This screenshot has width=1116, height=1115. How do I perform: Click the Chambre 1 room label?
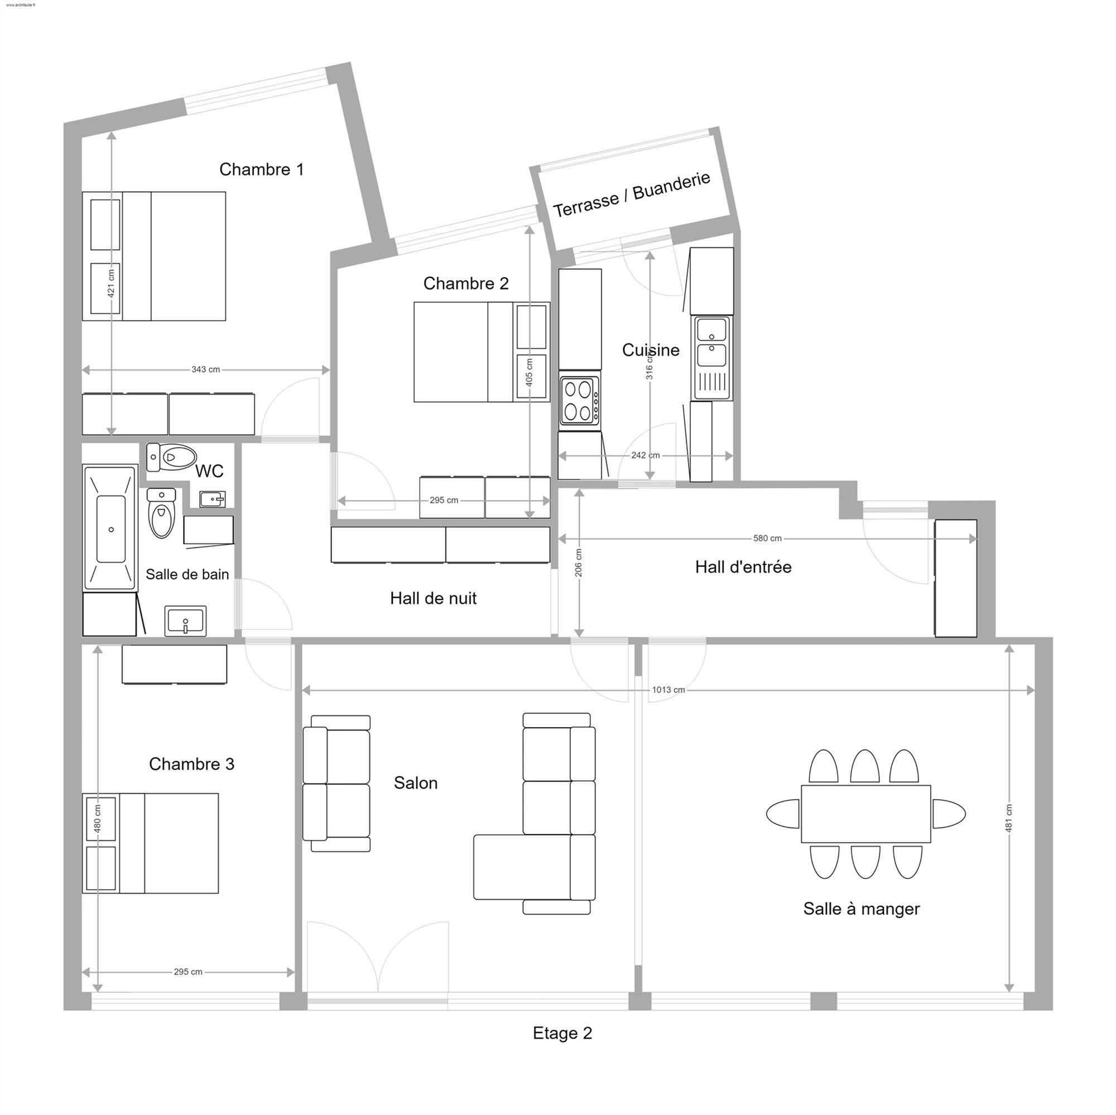point(261,169)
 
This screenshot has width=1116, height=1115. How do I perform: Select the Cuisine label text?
point(651,350)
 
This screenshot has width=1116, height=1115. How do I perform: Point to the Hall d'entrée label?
point(743,567)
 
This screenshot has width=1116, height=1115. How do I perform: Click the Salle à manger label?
point(861,909)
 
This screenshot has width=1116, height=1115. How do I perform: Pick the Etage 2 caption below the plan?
point(562,1033)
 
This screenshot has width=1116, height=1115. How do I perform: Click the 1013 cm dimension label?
point(668,690)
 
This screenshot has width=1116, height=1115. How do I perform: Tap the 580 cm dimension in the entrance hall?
point(767,539)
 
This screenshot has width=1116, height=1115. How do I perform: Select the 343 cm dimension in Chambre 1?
point(206,370)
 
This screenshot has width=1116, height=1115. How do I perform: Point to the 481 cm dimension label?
point(1009,819)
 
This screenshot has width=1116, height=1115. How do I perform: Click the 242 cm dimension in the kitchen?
point(645,455)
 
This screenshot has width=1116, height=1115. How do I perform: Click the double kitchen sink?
point(711,358)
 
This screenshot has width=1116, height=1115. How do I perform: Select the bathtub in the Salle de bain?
point(111,528)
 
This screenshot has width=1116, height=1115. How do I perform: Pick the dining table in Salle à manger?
point(865,814)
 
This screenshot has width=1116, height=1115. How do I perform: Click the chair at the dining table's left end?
point(783,814)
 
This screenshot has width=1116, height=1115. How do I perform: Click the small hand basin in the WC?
point(213,499)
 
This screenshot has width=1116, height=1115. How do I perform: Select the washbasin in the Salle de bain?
point(185,622)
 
